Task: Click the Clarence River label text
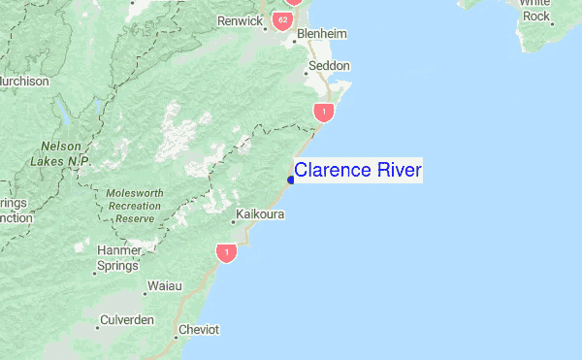pyautogui.click(x=358, y=171)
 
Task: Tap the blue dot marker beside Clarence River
pyautogui.click(x=291, y=179)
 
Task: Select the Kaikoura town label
pyautogui.click(x=260, y=213)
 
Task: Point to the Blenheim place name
pyautogui.click(x=321, y=34)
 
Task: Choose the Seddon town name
pyautogui.click(x=329, y=67)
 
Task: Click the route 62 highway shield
pyautogui.click(x=282, y=20)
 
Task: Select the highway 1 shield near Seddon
pyautogui.click(x=323, y=113)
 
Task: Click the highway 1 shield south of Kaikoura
pyautogui.click(x=226, y=253)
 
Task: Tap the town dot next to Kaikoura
pyautogui.click(x=233, y=222)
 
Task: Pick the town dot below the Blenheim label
pyautogui.click(x=295, y=42)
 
